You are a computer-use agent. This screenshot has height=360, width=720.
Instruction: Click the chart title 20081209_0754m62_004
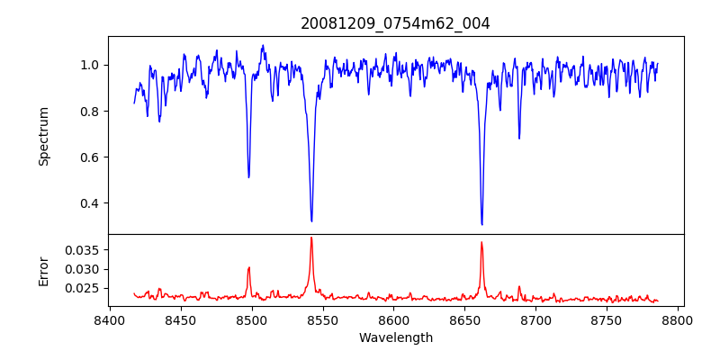(x=395, y=23)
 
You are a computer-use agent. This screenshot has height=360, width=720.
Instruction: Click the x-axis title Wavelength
(x=395, y=337)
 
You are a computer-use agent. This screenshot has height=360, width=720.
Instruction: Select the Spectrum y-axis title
(x=43, y=136)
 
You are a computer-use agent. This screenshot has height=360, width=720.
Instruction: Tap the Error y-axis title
(x=43, y=270)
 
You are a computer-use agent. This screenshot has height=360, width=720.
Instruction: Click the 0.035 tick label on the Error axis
(x=84, y=249)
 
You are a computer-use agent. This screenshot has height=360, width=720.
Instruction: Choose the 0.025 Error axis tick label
(x=84, y=288)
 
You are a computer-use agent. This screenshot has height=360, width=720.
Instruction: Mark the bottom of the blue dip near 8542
(x=311, y=220)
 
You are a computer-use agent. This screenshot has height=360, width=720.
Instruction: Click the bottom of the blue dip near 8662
(x=481, y=224)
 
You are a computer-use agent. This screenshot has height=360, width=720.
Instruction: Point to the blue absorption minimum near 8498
(x=248, y=177)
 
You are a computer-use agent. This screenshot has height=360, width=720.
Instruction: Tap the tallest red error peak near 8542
(x=311, y=238)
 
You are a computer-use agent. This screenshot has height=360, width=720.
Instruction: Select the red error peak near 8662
(x=481, y=242)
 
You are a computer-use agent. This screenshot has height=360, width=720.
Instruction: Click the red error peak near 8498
(x=248, y=267)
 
